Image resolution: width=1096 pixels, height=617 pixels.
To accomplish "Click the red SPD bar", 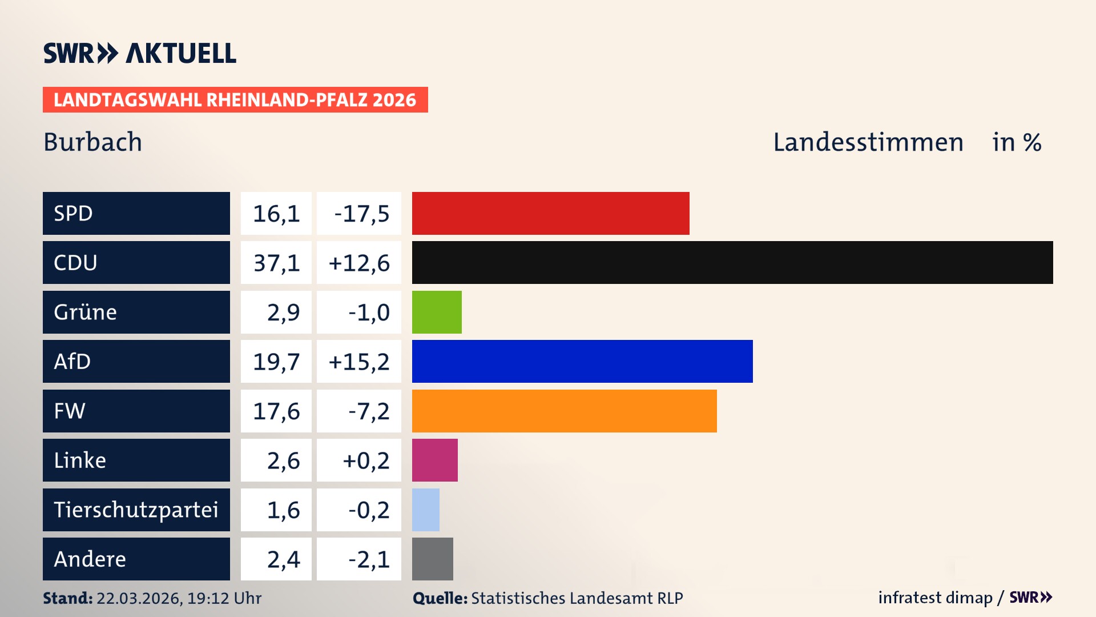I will point(550,213).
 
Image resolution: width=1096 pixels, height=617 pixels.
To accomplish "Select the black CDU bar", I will point(732,262).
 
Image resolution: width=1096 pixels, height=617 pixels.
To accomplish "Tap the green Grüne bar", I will point(437,312).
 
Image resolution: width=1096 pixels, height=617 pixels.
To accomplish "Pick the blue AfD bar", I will point(582,361).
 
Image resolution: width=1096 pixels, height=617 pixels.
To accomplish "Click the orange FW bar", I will point(564,411).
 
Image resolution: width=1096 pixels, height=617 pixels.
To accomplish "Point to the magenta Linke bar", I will point(434,460).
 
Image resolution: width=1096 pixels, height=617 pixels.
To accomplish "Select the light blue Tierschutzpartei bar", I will point(425,510).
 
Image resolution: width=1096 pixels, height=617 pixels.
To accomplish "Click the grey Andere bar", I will point(432,559).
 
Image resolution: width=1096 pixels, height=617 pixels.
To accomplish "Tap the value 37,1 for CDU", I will point(276,263).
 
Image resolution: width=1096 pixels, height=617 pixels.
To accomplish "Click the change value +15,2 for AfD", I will point(359,362).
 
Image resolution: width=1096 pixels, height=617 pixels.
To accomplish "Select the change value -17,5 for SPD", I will point(361,214).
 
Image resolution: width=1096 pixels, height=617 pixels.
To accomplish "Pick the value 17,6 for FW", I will point(276,411).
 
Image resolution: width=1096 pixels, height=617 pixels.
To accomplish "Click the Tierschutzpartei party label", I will point(136,510).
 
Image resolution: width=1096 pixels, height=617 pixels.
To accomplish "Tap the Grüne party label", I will point(86,312).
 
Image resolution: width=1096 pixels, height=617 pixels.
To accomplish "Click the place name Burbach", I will point(92,142).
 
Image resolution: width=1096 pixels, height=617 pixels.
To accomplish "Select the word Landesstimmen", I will point(868,142).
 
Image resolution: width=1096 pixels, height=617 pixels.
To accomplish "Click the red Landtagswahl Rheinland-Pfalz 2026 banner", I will point(235,99).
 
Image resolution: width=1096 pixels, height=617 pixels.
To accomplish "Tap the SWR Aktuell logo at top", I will point(139,53).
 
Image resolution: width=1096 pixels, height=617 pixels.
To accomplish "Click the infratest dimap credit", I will point(934,598).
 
